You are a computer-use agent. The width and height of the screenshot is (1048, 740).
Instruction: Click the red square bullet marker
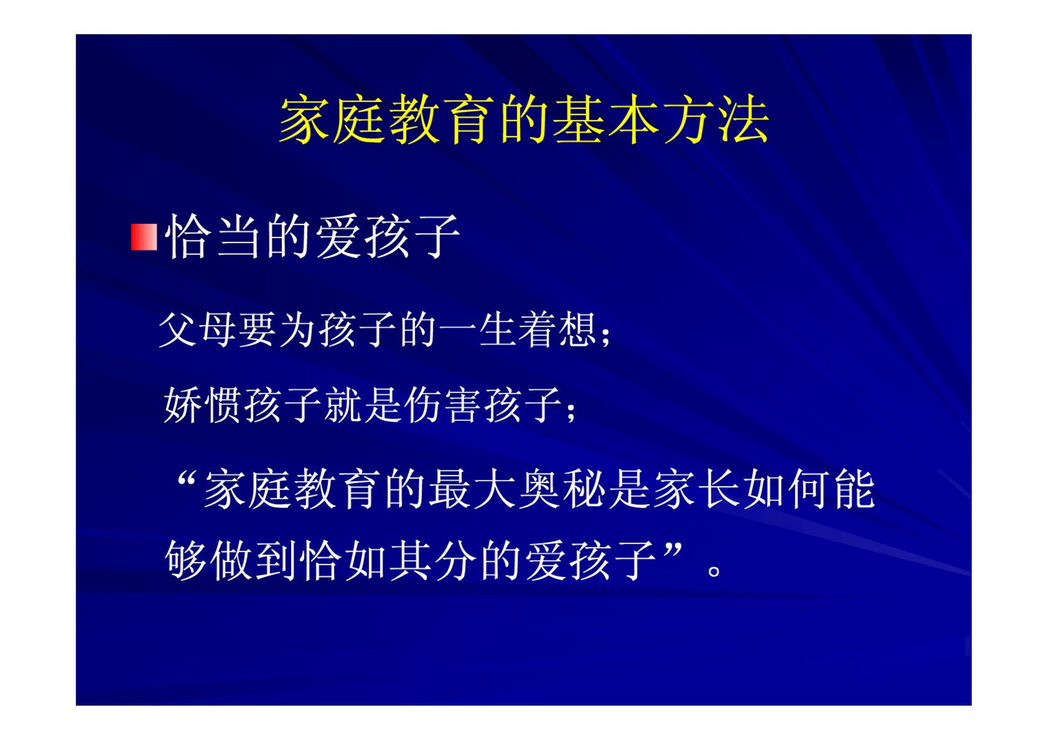(144, 237)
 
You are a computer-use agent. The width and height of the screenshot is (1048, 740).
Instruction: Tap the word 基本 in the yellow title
(605, 119)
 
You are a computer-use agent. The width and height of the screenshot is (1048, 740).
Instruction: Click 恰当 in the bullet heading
(214, 236)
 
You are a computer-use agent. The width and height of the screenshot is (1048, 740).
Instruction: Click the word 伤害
(444, 404)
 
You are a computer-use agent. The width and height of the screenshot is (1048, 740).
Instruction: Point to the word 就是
(363, 404)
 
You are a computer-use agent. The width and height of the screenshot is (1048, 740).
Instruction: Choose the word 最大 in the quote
(473, 489)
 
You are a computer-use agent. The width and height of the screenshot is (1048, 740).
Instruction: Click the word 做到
(254, 561)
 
